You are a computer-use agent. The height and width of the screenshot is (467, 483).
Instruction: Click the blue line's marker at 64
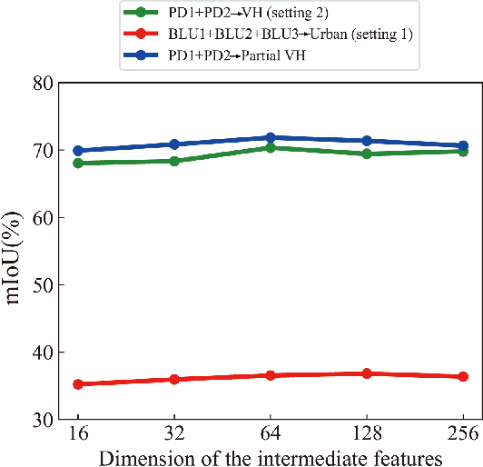coord(271,138)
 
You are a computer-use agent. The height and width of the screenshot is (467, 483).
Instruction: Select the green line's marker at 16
coord(78,164)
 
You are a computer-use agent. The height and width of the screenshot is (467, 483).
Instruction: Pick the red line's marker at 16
coord(78,384)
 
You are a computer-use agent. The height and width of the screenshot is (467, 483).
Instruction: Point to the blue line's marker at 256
coord(463,145)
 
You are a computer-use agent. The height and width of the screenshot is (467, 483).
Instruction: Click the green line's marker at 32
coord(174,161)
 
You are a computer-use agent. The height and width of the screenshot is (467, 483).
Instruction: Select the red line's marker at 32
coord(174,379)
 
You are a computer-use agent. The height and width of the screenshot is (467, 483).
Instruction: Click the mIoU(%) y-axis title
coord(15,250)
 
